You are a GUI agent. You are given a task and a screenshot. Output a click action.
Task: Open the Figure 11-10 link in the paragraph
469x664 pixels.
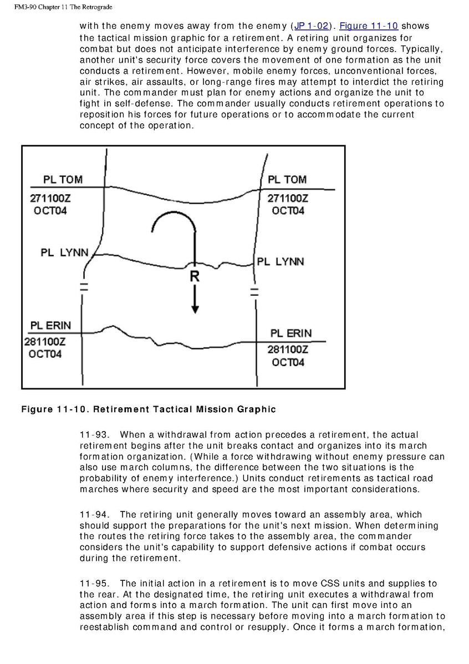pos(369,26)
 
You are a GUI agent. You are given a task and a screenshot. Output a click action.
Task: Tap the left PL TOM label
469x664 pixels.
pos(63,180)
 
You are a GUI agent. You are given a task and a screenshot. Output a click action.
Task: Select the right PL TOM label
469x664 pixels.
pos(287,180)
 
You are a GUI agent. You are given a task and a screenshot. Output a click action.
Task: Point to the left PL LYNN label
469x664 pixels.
pos(64,253)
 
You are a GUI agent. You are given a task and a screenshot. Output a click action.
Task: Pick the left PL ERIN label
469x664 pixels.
pos(50,325)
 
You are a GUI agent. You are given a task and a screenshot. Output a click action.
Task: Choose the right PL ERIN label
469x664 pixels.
pos(291,333)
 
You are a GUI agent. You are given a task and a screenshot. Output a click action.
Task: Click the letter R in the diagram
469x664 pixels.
pos(195,277)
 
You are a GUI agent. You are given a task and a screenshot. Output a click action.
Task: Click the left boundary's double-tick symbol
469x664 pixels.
pos(84,287)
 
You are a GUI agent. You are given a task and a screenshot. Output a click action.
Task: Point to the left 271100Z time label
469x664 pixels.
pos(50,198)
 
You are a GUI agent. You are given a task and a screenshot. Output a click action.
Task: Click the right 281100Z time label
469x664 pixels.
pos(288,349)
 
